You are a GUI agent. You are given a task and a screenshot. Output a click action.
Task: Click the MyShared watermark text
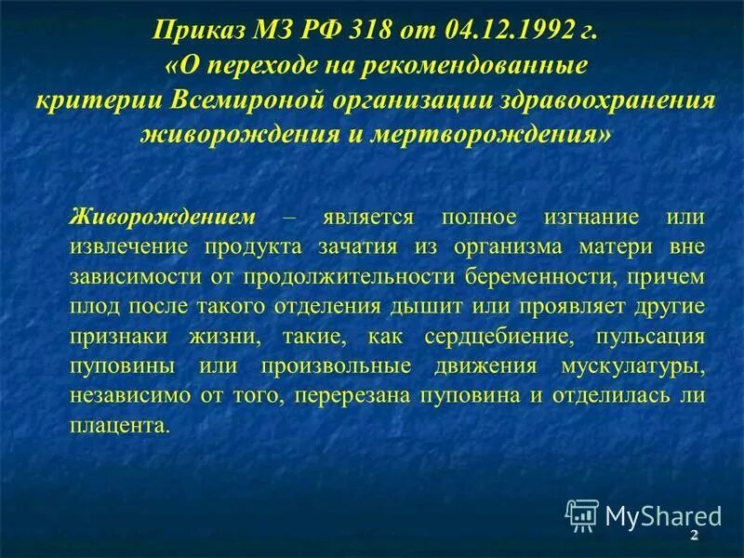[663, 516]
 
